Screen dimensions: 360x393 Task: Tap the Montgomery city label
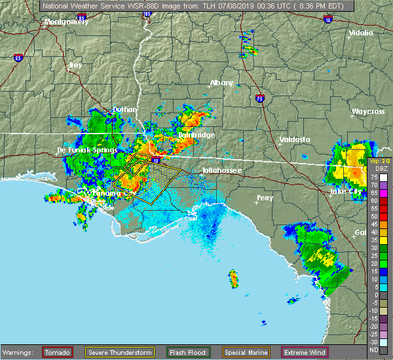[66, 22]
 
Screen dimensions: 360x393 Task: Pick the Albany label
[221, 83]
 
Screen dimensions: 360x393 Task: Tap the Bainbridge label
[196, 135]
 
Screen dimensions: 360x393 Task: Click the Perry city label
[265, 197]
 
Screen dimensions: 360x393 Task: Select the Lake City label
[348, 191]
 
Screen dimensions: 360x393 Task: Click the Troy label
[76, 65]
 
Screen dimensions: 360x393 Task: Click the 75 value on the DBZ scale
[375, 177]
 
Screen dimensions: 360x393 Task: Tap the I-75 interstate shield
[260, 99]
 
